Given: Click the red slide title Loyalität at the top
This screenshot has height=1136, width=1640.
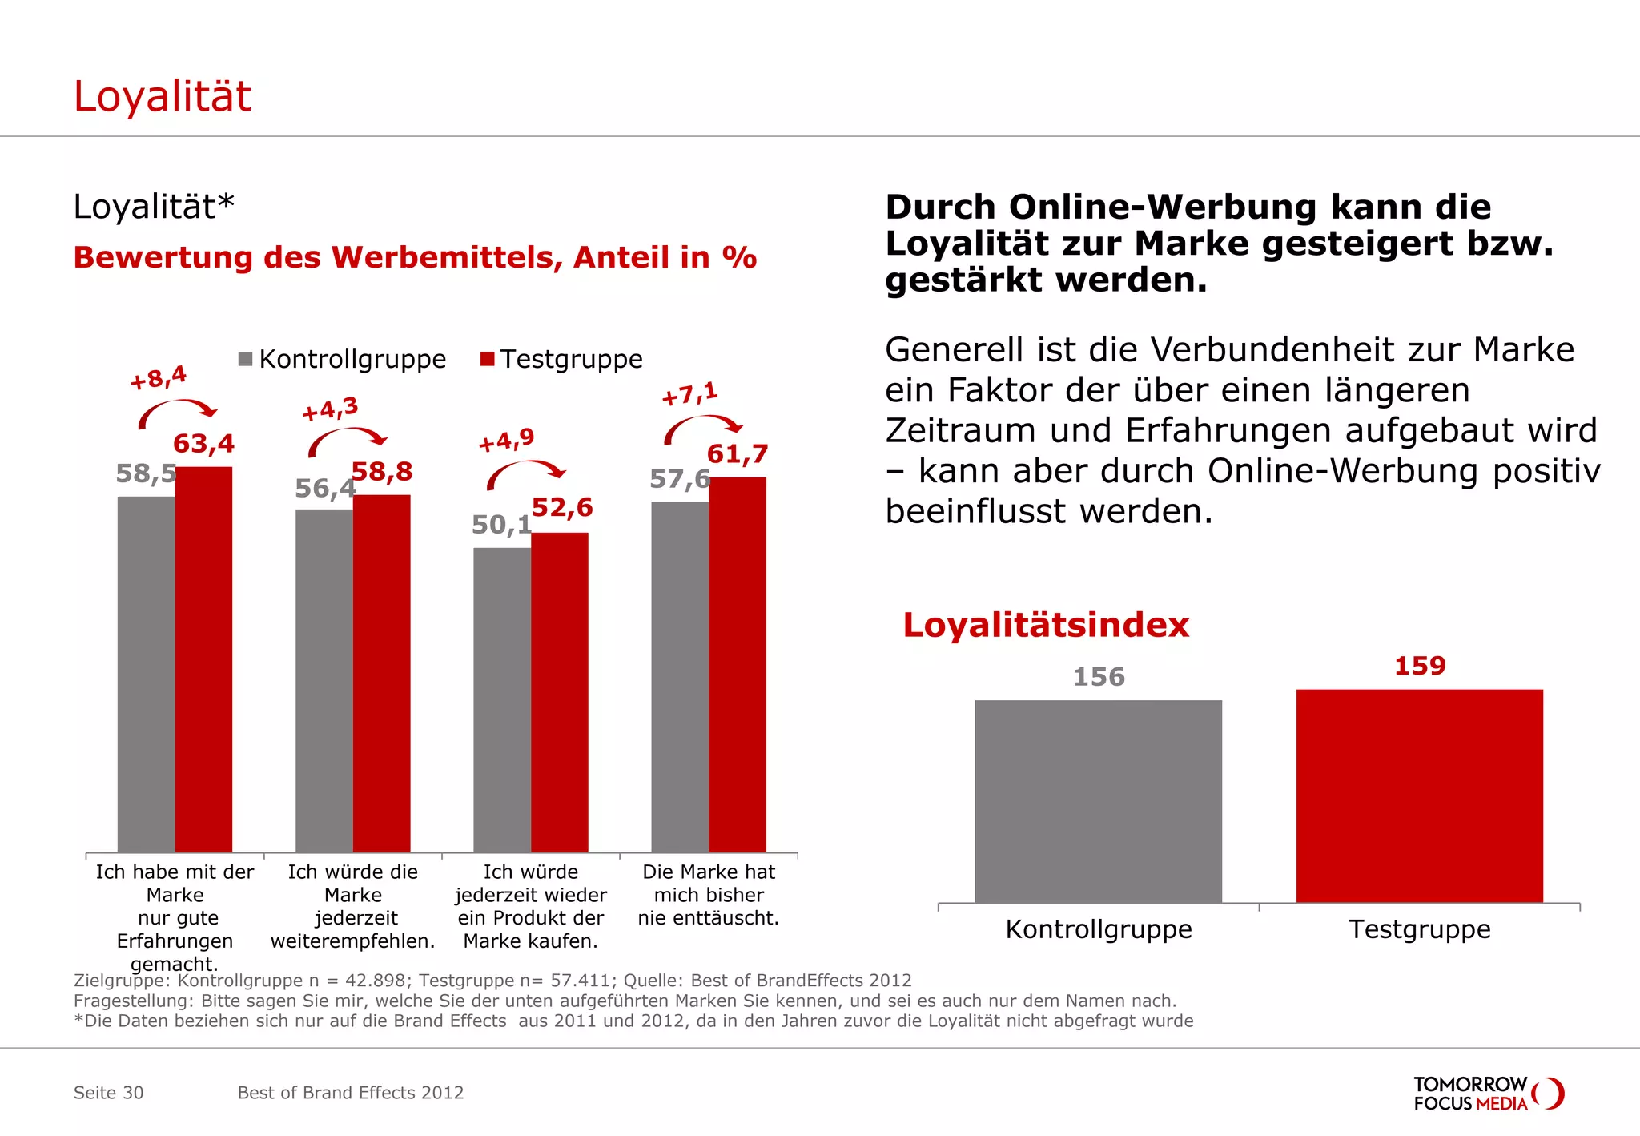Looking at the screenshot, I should click(x=163, y=97).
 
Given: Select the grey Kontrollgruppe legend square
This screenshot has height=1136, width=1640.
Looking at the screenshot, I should click(x=246, y=358).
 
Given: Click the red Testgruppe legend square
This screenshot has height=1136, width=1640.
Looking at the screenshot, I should click(x=488, y=358).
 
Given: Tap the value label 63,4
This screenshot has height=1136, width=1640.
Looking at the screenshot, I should click(x=203, y=444).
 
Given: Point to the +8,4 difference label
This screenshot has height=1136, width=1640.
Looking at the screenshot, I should click(x=159, y=377).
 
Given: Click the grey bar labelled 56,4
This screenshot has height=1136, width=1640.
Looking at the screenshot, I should click(x=324, y=681).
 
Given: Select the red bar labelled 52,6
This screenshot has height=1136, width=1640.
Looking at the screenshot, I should click(x=559, y=693).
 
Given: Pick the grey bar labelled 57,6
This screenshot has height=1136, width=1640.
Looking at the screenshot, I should click(x=679, y=677).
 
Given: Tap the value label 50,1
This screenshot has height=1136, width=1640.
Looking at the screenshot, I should click(x=501, y=526).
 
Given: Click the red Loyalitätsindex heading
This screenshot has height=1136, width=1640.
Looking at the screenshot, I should click(x=1046, y=626).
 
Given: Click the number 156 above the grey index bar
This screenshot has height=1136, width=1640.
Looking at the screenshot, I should click(x=1099, y=677).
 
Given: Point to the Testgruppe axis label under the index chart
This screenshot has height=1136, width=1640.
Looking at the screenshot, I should click(x=1419, y=929).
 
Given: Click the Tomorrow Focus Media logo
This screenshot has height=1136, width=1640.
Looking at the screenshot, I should click(x=1488, y=1094).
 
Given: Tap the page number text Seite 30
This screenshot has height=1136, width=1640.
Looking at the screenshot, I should click(x=108, y=1093).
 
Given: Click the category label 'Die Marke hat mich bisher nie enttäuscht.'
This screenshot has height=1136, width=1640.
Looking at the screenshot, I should click(x=708, y=895).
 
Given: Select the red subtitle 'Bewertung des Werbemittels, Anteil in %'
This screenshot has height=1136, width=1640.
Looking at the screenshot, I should click(x=415, y=258).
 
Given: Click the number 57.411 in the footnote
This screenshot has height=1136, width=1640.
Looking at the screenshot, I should click(x=581, y=981).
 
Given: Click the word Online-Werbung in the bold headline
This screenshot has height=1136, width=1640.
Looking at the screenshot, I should click(x=1163, y=207).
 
